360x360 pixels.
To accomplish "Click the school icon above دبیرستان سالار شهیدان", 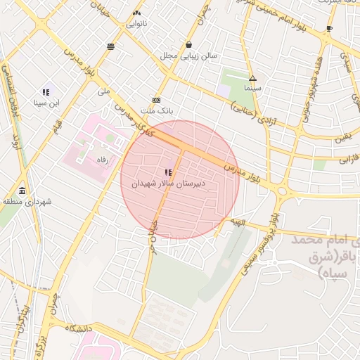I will click(167, 172).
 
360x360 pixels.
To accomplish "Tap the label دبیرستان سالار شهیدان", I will click(169, 184).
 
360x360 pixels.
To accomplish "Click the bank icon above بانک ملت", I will click(156, 101).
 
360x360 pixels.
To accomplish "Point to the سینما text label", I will click(252, 89).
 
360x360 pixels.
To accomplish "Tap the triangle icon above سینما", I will click(252, 78).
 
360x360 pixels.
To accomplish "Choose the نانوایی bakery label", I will click(136, 23).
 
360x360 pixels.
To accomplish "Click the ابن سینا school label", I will click(46, 103).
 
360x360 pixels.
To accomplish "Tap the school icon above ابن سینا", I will click(46, 92).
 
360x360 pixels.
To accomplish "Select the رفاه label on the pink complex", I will click(102, 160).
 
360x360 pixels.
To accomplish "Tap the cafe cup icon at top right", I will click(329, 29).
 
